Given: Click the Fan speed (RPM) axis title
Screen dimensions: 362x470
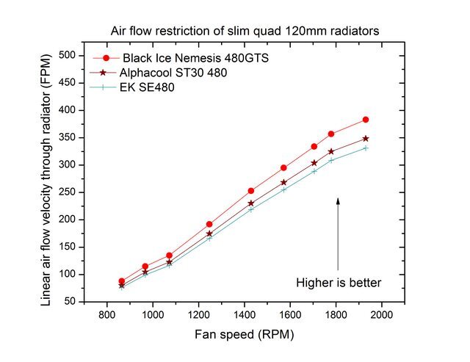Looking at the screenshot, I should (x=245, y=334).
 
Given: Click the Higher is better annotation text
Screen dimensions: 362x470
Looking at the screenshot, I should (x=339, y=282).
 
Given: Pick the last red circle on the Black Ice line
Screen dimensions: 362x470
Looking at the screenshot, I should (x=366, y=120).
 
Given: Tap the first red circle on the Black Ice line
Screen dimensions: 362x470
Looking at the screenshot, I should (x=122, y=281).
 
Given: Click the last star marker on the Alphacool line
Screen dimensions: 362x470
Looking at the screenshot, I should (x=366, y=139).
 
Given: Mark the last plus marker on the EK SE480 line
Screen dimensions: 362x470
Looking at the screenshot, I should (x=366, y=148).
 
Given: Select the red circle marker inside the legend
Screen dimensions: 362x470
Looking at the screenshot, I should (x=106, y=57).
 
